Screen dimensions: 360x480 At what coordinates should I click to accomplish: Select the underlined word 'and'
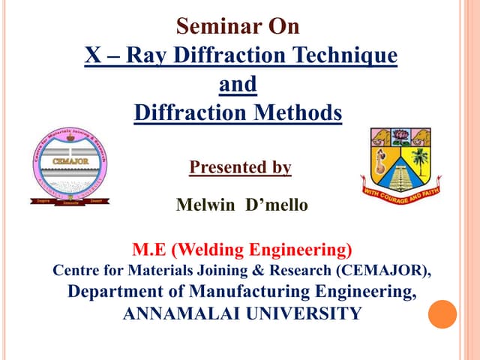(x=238, y=84)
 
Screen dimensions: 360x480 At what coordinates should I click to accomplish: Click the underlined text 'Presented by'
(x=240, y=167)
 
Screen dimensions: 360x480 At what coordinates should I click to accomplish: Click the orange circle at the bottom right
(x=442, y=314)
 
